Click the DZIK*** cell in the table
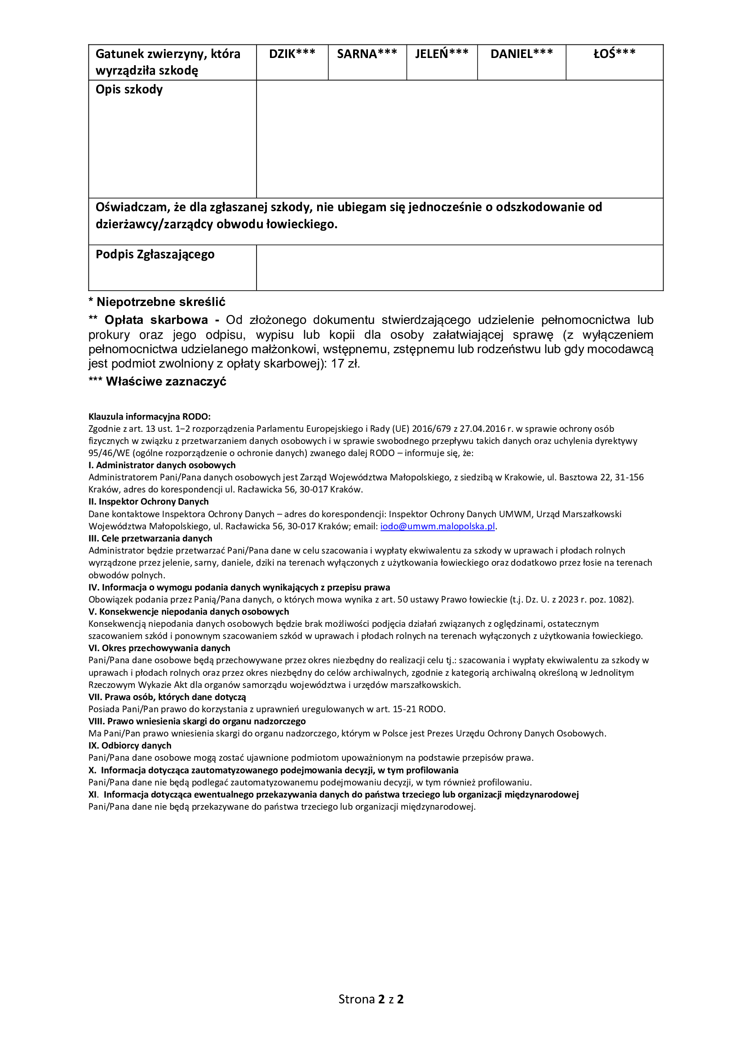click(292, 62)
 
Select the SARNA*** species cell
click(367, 62)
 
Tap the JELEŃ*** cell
click(442, 62)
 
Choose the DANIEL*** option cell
click(522, 62)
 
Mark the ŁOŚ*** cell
click(615, 62)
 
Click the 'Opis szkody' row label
click(129, 89)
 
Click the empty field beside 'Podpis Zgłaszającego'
click(460, 267)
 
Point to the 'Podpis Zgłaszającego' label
click(155, 254)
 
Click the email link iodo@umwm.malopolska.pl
click(438, 527)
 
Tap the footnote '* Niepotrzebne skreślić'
click(156, 302)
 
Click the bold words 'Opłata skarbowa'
click(156, 320)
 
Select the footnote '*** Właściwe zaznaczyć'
click(157, 382)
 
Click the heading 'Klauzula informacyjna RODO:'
click(149, 417)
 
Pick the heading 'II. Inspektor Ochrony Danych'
click(148, 502)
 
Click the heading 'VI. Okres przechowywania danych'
click(159, 648)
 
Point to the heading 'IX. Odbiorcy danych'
click(130, 746)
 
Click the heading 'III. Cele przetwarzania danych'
click(150, 538)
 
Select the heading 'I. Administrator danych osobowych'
click(162, 465)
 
